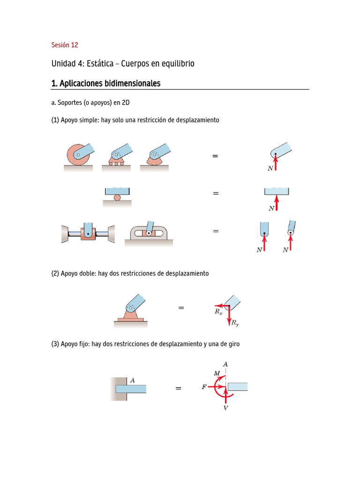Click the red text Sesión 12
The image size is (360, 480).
pos(65,45)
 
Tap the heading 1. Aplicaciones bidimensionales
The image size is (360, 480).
pos(105,83)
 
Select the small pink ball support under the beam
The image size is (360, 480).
pos(117,197)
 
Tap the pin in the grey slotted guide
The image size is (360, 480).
pos(149,233)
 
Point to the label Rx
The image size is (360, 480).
pos(218,311)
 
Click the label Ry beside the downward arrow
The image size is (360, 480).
pos(235,323)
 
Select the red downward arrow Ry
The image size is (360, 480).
pos(229,316)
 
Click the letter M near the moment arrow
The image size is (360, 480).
pos(217,373)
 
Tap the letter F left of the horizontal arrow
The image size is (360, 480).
pos(204,388)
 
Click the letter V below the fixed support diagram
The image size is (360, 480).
pos(226,408)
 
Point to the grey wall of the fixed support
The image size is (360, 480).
pos(119,389)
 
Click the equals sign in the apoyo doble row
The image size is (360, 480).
pos(181,308)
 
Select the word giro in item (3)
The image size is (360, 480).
pos(232,344)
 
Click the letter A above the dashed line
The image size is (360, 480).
pos(225,364)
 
